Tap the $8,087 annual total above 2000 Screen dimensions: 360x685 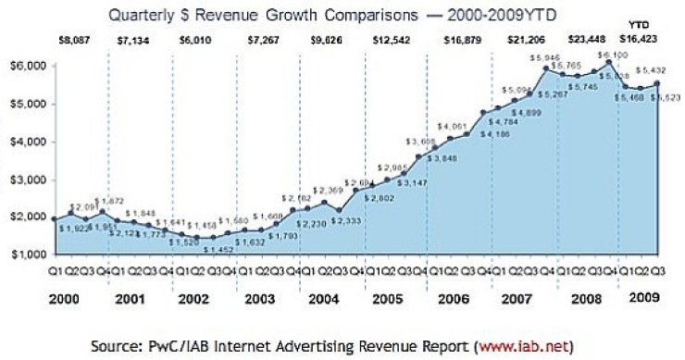tap(76, 41)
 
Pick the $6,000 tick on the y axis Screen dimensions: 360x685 tap(27, 66)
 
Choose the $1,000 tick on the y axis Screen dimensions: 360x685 tap(27, 254)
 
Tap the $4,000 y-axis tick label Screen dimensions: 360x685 tap(27, 142)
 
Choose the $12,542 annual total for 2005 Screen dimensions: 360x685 tap(398, 41)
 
